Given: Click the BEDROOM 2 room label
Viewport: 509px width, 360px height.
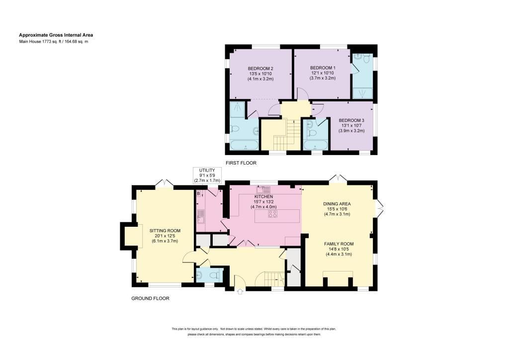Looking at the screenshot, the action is [x=260, y=69].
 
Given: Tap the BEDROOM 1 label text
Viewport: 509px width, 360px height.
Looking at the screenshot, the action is [x=323, y=68].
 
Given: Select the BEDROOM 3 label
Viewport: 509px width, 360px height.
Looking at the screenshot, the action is [x=351, y=120].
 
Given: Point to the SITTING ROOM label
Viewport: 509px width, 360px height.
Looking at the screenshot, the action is [x=165, y=231].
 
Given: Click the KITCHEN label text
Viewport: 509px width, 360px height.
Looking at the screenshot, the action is [x=263, y=197].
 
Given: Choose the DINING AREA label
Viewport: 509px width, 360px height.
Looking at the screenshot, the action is [x=337, y=204].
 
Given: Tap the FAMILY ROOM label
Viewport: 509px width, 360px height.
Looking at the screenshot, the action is [x=339, y=244].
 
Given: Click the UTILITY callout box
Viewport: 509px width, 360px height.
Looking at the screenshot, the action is [x=207, y=176].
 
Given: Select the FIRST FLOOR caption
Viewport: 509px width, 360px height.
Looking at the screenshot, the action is [x=241, y=163].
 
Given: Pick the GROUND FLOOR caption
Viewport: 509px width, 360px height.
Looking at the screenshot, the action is [x=150, y=298].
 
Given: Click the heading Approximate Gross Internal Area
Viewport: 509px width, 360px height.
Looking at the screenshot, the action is [x=56, y=35].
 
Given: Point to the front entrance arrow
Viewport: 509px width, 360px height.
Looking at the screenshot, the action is [x=240, y=291].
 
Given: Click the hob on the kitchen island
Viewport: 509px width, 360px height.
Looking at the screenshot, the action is [x=273, y=214].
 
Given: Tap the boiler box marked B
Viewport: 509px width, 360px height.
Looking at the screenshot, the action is [x=198, y=194].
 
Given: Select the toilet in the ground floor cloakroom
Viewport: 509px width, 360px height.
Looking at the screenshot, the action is [x=214, y=275].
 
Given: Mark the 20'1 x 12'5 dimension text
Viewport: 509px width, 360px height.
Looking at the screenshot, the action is [x=165, y=236].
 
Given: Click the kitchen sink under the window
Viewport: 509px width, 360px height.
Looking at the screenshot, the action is [x=264, y=189].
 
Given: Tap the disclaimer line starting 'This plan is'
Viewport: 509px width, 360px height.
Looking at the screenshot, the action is [x=254, y=329].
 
